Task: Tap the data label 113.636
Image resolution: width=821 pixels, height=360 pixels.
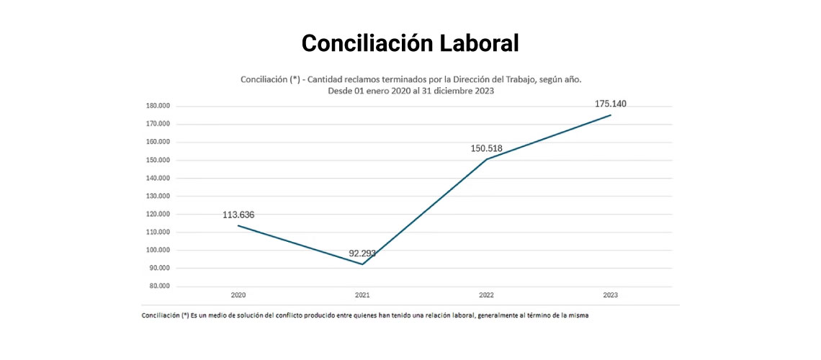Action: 238,215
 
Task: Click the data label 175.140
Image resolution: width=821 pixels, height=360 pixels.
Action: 611,104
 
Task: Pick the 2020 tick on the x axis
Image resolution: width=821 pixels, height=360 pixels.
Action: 238,295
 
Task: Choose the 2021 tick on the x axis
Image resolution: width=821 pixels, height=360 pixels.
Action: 362,295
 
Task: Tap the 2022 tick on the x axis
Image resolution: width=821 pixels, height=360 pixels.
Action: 487,295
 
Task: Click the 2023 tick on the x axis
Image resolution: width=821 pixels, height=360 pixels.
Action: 611,295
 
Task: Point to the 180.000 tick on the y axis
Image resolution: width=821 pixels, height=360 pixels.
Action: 157,106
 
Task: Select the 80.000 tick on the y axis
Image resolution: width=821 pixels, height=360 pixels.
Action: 158,287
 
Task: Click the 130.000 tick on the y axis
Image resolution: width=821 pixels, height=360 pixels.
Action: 157,196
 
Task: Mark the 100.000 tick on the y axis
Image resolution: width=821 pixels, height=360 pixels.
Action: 157,251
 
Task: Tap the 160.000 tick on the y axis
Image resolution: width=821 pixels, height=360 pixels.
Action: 157,142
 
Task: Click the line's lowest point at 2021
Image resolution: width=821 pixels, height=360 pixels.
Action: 362,264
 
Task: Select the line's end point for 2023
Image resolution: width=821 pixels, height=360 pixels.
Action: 611,115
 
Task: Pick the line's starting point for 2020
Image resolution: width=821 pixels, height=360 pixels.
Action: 238,225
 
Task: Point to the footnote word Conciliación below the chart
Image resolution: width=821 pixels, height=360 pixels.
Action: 161,315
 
